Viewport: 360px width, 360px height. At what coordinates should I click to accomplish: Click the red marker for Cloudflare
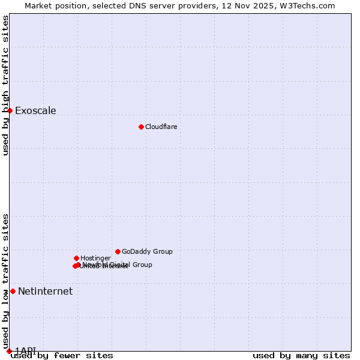[x=141, y=127]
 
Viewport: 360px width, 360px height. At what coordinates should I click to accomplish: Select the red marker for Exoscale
[x=10, y=110]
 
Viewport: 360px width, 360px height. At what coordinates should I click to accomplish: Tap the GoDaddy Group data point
[x=118, y=251]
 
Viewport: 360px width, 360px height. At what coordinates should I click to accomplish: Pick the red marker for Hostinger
[x=76, y=258]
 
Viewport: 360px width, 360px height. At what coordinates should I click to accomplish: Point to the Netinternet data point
[x=13, y=291]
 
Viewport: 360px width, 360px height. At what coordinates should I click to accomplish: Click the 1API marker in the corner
[x=9, y=351]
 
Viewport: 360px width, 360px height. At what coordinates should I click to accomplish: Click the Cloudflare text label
[x=161, y=127]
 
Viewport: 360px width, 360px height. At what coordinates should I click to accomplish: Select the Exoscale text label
[x=35, y=110]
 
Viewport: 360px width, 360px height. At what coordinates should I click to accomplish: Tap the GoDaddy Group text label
[x=147, y=251]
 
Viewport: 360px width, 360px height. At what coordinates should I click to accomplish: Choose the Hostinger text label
[x=95, y=258]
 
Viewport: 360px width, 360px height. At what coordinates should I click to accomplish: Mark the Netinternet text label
[x=45, y=291]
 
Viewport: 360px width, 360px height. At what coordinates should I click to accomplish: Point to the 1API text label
[x=25, y=350]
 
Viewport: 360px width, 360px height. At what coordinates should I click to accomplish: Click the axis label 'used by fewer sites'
[x=62, y=356]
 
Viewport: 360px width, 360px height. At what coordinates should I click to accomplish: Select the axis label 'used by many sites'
[x=301, y=356]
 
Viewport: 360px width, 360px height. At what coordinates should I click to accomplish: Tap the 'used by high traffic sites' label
[x=5, y=85]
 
